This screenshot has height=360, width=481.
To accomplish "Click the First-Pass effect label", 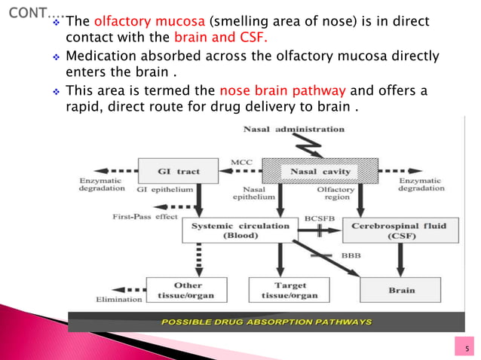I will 139,217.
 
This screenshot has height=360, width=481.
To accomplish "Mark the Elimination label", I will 119,300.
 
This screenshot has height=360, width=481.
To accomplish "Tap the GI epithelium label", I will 165,190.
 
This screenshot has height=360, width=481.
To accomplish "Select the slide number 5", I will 467,347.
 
